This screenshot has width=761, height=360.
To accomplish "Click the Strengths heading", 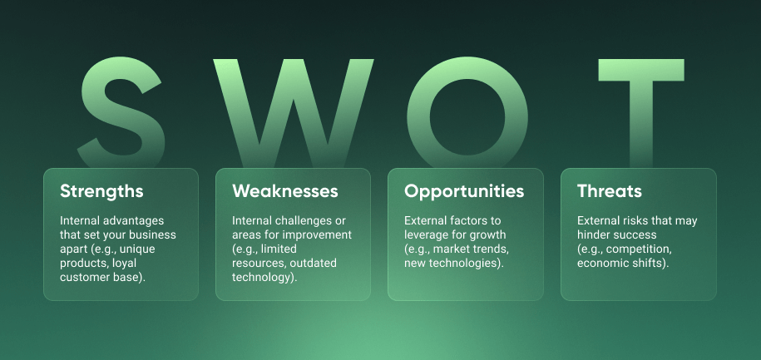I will click(101, 191).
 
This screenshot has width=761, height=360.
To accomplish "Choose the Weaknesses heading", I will click(285, 191).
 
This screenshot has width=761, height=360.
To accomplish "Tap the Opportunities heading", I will click(464, 191).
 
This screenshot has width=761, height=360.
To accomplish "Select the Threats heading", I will click(610, 191).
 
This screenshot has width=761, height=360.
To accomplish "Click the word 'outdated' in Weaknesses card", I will click(307, 264).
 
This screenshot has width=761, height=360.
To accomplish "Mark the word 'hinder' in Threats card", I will click(594, 234).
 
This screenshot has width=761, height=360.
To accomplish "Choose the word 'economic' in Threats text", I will click(603, 264).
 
